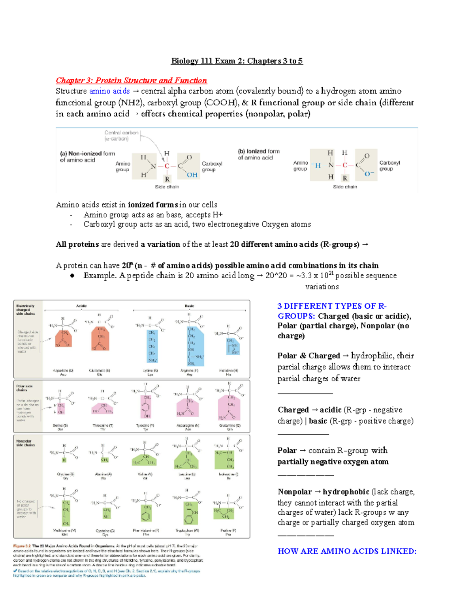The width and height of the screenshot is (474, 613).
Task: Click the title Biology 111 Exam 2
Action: pyautogui.click(x=237, y=61)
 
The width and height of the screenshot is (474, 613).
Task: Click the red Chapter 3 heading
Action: pyautogui.click(x=131, y=81)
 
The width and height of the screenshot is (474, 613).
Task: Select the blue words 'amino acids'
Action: pyautogui.click(x=109, y=91)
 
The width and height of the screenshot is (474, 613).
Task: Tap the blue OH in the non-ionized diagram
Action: pyautogui.click(x=192, y=175)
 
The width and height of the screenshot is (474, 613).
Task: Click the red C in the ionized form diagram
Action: pyautogui.click(x=345, y=165)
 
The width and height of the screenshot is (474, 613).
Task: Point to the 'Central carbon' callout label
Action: pyautogui.click(x=121, y=135)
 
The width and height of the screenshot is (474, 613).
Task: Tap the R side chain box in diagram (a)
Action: pyautogui.click(x=167, y=178)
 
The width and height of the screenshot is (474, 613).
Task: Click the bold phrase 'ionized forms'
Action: pyautogui.click(x=153, y=205)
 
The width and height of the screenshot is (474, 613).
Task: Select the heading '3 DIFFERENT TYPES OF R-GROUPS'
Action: pyautogui.click(x=332, y=311)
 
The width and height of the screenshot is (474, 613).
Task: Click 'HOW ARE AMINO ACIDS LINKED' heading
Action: pyautogui.click(x=347, y=551)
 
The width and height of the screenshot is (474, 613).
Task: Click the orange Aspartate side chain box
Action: pyautogui.click(x=63, y=339)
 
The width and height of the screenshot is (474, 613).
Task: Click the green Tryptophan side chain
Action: pyautogui.click(x=190, y=512)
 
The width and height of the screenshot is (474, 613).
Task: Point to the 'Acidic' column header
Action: pyautogui.click(x=81, y=306)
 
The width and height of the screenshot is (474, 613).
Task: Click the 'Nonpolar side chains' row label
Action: pyautogui.click(x=25, y=443)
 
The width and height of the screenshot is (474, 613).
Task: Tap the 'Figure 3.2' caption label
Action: pyautogui.click(x=22, y=546)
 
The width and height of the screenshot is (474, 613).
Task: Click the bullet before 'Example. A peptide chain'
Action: pyautogui.click(x=72, y=276)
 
